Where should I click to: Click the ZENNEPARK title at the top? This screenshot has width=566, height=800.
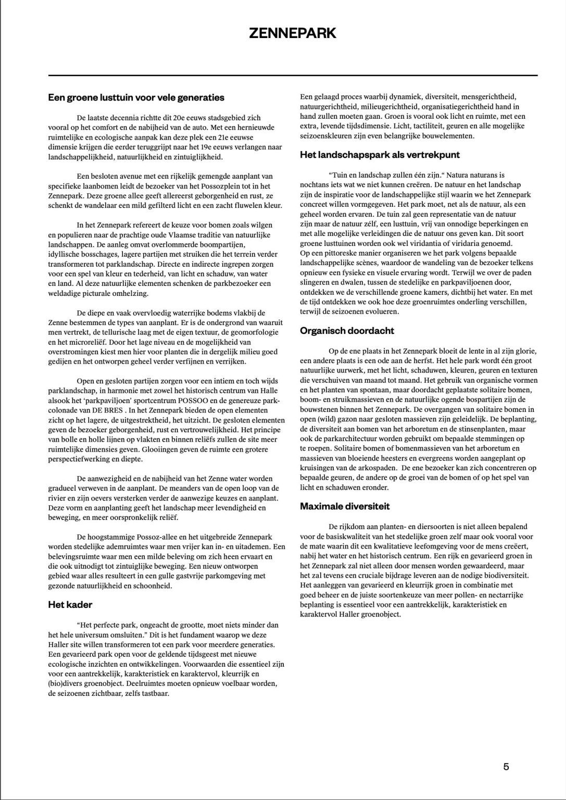click(292, 33)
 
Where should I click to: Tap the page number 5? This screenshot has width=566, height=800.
click(506, 766)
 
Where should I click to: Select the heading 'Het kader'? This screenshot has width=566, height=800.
click(70, 605)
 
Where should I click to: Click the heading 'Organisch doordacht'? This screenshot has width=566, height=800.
click(347, 331)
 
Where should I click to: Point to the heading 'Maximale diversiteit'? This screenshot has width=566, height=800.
click(345, 506)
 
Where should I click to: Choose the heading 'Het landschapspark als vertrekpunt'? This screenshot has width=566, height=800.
click(380, 155)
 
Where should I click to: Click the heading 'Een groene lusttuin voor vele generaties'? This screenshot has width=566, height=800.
click(136, 97)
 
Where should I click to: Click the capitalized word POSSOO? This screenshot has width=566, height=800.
click(194, 401)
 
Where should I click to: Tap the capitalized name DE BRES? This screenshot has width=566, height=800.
click(111, 410)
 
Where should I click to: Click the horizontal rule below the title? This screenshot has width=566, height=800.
click(292, 76)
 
